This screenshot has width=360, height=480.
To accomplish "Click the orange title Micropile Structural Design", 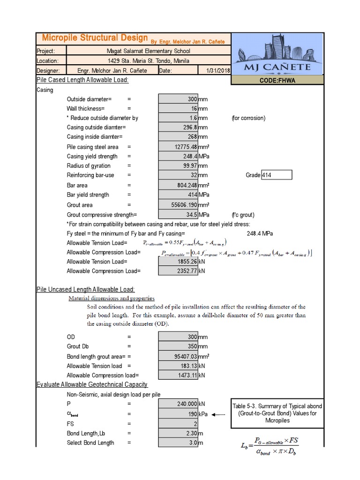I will pyautogui.click(x=95, y=38).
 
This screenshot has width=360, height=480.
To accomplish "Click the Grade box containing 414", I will pyautogui.click(x=276, y=175).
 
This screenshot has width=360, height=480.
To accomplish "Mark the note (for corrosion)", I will pyautogui.click(x=248, y=118).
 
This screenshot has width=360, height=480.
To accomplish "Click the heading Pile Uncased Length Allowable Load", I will pyautogui.click(x=86, y=290).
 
